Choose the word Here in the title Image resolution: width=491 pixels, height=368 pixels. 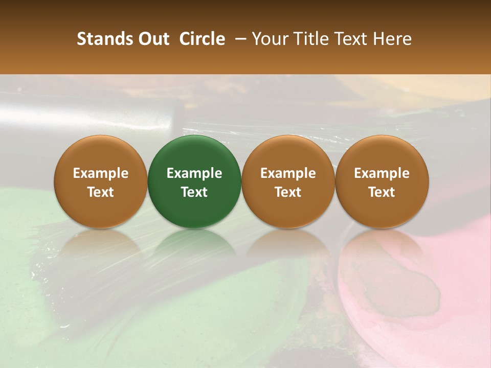click(392, 39)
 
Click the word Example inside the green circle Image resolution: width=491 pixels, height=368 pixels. click(194, 173)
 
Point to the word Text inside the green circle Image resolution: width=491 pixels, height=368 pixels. click(194, 192)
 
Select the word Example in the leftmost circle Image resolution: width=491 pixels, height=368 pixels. click(101, 173)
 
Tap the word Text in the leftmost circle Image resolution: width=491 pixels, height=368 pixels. click(101, 192)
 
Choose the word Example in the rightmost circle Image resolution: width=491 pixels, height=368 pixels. click(382, 173)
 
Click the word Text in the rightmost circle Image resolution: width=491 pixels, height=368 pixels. click(382, 192)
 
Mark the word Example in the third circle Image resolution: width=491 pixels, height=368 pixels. click(288, 173)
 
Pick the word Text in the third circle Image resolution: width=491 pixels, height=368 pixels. click(288, 192)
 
